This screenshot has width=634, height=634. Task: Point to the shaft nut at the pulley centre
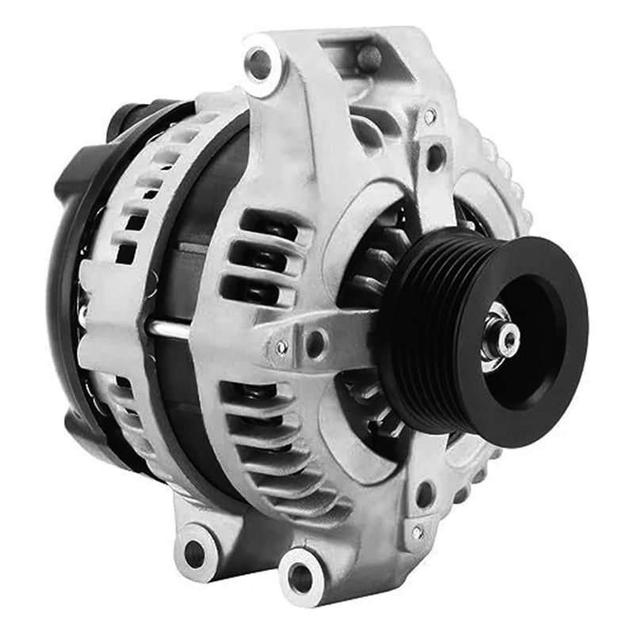click(505, 339)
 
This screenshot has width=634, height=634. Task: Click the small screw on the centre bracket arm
click(282, 346)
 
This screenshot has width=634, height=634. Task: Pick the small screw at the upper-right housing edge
click(430, 116)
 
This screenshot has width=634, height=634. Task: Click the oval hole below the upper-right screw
click(435, 155)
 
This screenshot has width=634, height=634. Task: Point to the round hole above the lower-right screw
click(425, 495)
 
